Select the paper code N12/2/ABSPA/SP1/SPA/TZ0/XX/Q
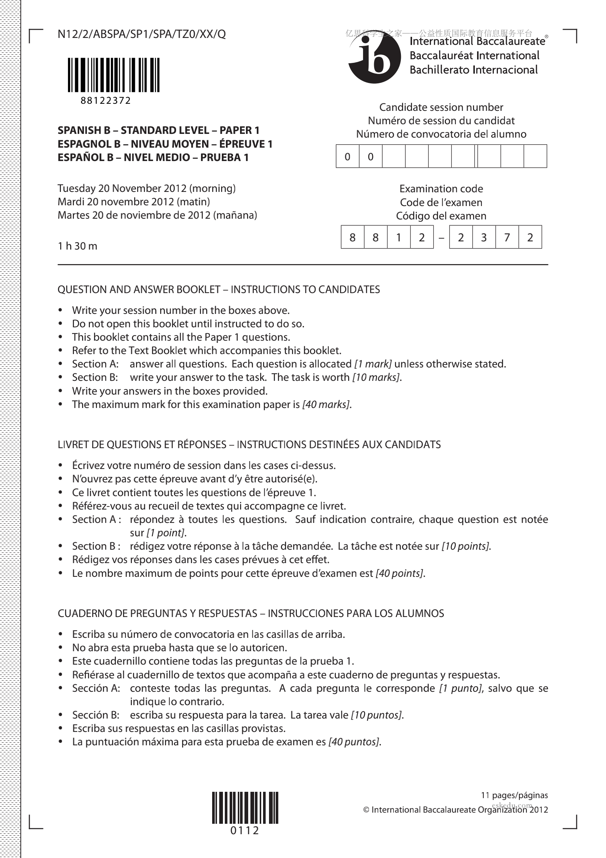[142, 34]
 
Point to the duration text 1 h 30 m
[77, 246]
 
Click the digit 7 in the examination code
[507, 237]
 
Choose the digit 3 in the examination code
[483, 237]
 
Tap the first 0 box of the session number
[347, 157]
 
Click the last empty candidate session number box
[535, 157]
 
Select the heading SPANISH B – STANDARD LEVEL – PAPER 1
[158, 131]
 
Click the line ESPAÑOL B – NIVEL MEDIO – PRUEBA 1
[153, 157]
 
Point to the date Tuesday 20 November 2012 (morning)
[146, 188]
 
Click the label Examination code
[441, 189]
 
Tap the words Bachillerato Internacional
[473, 70]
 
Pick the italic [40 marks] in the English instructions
[327, 404]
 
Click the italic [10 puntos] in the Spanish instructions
[377, 715]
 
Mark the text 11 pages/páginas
[514, 795]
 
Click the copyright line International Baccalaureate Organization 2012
[456, 810]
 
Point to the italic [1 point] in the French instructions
[166, 533]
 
